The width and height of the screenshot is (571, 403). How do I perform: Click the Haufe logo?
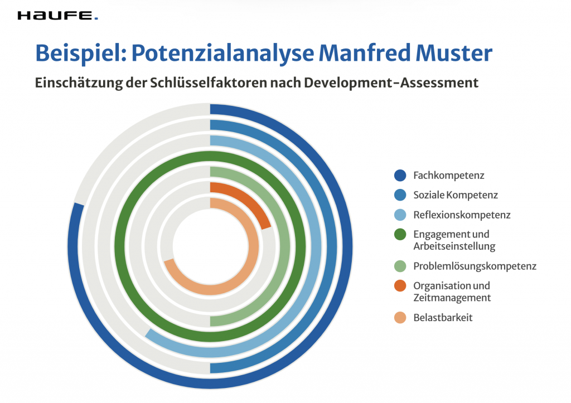coord(57,16)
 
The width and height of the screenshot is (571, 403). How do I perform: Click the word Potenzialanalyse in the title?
coord(222,54)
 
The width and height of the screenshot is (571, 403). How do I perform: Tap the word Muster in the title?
coord(454,53)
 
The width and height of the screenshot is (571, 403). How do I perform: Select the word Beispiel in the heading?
coord(81,54)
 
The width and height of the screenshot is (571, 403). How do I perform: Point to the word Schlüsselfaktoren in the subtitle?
coord(209,83)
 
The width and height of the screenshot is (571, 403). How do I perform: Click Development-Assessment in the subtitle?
coord(391,83)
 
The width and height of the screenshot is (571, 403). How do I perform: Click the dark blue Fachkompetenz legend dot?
coord(400,175)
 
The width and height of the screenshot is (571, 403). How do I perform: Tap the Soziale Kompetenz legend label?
coord(455,195)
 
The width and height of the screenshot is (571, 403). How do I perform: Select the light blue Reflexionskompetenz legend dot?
coord(400,215)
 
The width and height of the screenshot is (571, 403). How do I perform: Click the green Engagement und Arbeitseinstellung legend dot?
coord(400,234)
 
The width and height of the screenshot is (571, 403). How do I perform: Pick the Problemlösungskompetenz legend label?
coord(475,266)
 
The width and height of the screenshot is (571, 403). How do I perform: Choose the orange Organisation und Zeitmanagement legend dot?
coord(400,286)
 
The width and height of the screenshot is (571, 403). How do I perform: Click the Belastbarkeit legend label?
coord(443,318)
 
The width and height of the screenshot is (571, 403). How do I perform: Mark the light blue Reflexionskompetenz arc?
coord(316,247)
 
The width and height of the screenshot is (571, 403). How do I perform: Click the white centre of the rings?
coord(210,246)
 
